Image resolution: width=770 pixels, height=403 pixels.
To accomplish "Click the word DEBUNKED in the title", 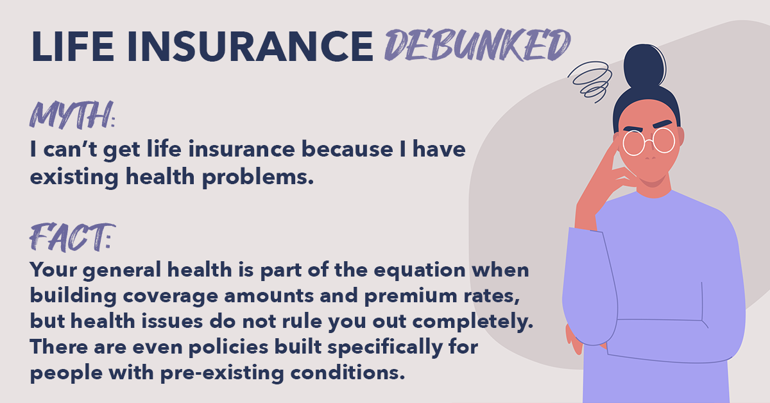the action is point(477,45).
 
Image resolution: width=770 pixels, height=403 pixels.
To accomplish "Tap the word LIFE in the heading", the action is point(73,47).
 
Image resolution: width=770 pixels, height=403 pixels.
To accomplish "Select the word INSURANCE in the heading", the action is point(250,47).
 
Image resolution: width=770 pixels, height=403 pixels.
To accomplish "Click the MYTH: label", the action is point(72,115).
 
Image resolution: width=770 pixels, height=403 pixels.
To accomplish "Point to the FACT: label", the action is point(72,237).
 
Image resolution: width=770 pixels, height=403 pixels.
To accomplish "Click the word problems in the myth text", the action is point(258,177).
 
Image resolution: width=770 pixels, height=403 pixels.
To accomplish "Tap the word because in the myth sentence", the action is point(347,150).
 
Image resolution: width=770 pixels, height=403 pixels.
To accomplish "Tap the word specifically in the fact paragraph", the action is point(385,348).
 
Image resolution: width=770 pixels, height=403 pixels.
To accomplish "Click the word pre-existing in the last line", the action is point(222,373).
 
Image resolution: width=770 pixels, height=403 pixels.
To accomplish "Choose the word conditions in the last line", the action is point(348,373).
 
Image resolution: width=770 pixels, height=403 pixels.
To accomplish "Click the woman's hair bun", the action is point(644,65).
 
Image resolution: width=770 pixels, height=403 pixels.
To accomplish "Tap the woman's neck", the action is point(653,187).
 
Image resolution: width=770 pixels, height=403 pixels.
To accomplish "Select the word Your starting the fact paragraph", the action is point(53,270).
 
